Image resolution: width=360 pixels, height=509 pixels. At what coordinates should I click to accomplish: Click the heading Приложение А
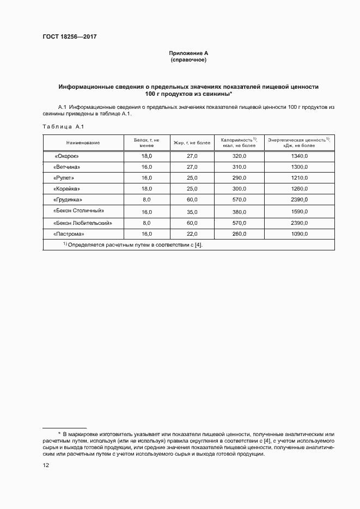point(188,53)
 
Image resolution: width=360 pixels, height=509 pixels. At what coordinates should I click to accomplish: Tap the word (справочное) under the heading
point(188,59)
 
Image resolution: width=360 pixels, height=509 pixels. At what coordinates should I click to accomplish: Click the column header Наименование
point(83,143)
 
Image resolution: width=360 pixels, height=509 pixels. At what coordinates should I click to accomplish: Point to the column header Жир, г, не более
point(192,143)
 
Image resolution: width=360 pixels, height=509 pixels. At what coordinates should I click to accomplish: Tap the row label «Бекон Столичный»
point(78,211)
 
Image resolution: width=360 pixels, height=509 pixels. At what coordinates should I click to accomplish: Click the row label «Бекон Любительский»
point(83,223)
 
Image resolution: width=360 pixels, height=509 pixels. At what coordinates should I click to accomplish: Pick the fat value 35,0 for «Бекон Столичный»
point(192,211)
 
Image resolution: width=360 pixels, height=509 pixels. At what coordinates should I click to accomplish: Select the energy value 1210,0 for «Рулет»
point(299,178)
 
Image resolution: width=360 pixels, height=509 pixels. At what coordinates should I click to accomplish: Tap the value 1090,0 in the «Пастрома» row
point(299,234)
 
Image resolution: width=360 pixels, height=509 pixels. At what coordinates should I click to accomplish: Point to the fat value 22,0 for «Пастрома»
point(192,234)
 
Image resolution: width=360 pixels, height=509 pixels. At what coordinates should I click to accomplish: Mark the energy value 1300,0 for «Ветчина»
point(299,167)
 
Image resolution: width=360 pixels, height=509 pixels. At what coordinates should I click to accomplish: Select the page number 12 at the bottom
point(46,465)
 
